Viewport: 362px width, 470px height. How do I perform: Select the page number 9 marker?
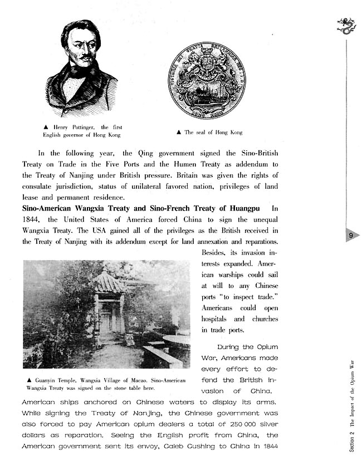click(x=351, y=236)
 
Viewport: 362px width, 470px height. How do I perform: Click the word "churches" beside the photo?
click(x=265, y=319)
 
